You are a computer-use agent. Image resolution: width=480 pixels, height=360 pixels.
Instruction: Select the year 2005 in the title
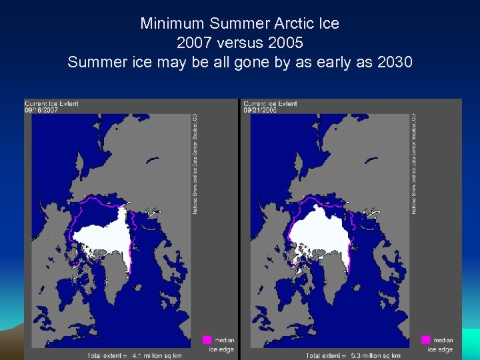tap(283, 43)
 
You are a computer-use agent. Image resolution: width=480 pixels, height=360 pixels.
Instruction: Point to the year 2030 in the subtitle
tap(394, 62)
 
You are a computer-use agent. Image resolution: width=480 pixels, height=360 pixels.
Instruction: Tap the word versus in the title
tap(240, 43)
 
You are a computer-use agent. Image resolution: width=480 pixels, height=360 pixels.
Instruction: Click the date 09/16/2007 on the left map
tap(41, 111)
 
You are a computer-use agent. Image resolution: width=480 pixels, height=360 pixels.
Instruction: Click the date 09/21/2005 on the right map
tap(260, 111)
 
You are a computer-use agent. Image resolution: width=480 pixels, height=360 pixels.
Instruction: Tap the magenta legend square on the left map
tap(207, 340)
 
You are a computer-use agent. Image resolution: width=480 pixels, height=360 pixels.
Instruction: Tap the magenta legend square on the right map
tap(426, 340)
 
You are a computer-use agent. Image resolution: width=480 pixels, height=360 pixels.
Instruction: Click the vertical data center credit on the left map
tap(195, 163)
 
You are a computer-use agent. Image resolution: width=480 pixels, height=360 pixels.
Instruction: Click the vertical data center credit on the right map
tap(414, 163)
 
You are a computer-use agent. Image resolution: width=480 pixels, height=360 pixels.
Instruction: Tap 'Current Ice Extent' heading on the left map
tap(50, 103)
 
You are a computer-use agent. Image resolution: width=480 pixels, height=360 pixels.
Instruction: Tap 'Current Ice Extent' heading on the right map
tap(270, 103)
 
